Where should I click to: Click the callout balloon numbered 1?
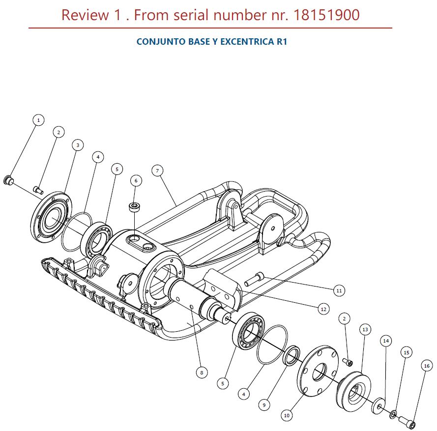pyautogui.click(x=38, y=119)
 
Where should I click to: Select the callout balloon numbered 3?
pyautogui.click(x=77, y=145)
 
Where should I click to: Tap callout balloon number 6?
pyautogui.click(x=136, y=180)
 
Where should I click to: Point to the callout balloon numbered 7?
pyautogui.click(x=157, y=171)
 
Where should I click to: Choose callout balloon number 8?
pyautogui.click(x=201, y=373)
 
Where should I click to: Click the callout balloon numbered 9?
pyautogui.click(x=264, y=405)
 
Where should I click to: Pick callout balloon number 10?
pyautogui.click(x=287, y=415)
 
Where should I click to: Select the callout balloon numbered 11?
pyautogui.click(x=338, y=290)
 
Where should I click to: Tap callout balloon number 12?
pyautogui.click(x=323, y=309)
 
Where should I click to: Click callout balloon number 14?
pyautogui.click(x=386, y=340)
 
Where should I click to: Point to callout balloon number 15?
pyautogui.click(x=406, y=352)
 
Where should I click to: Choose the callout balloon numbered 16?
pyautogui.click(x=426, y=365)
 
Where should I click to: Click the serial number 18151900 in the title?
pyautogui.click(x=326, y=15)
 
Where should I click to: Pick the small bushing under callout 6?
pyautogui.click(x=134, y=206)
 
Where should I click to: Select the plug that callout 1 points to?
pyautogui.click(x=8, y=180)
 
